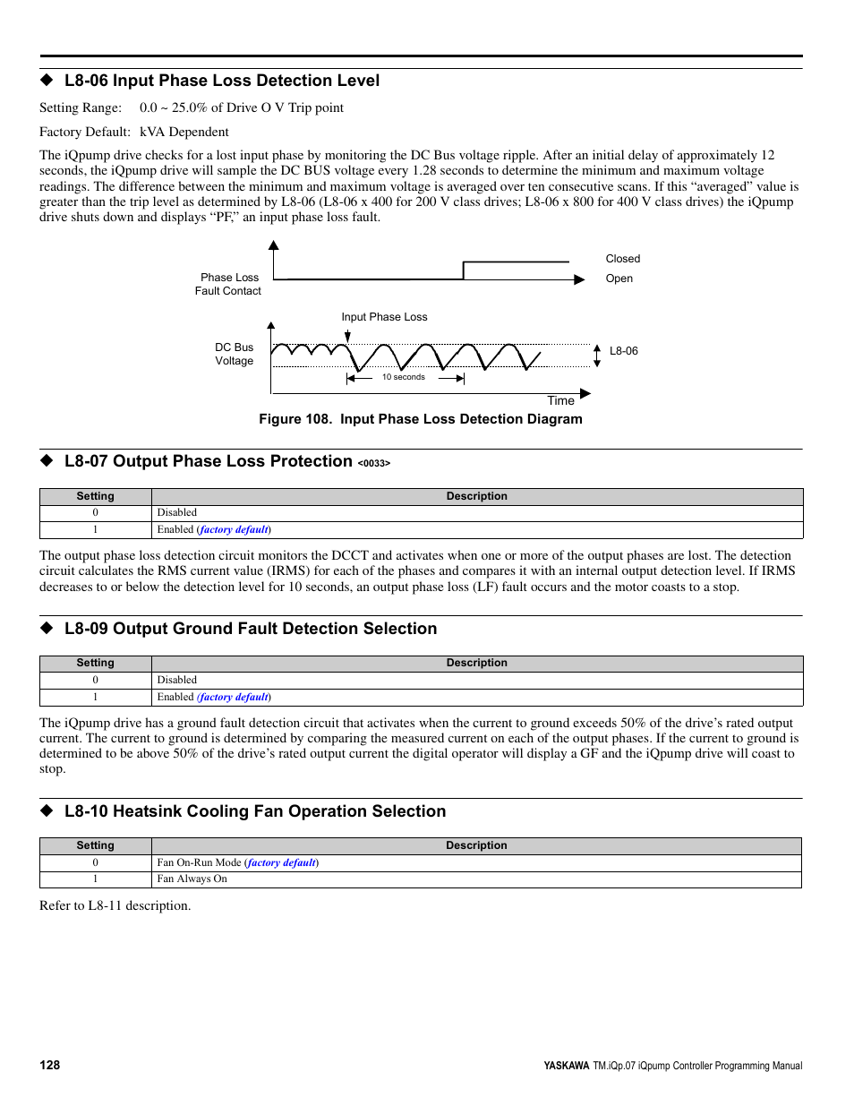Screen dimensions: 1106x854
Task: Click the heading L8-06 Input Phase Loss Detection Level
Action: pos(221,81)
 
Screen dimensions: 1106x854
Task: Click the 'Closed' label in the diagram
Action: pos(622,259)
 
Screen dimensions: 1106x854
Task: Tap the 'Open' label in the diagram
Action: pos(619,279)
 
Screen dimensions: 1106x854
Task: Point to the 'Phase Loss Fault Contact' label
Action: pos(229,284)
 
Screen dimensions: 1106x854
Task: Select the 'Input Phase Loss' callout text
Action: pos(384,317)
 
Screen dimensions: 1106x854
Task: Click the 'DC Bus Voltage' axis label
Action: pos(234,354)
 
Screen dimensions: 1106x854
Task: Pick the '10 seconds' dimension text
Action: pos(403,377)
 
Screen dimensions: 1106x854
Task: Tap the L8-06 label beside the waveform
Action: pos(623,351)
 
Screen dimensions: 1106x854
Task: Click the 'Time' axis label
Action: pos(560,400)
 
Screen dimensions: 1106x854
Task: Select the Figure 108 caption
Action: pos(420,419)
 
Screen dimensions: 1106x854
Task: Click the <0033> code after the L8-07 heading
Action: pos(373,463)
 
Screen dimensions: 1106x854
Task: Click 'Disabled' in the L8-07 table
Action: pos(177,513)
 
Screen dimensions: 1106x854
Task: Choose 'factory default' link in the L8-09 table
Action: pos(234,697)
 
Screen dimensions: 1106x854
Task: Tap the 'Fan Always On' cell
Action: pos(192,879)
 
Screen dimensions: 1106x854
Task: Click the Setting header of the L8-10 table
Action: pos(95,845)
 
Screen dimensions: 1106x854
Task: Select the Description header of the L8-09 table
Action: pos(476,663)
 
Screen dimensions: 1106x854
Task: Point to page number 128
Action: pos(50,1065)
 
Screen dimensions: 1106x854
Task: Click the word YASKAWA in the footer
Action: pos(566,1066)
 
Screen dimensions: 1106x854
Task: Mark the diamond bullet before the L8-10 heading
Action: pos(47,810)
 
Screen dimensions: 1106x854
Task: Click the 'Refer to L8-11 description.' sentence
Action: pos(115,905)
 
